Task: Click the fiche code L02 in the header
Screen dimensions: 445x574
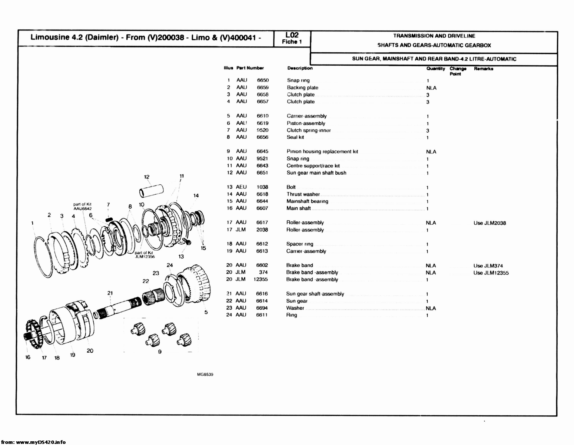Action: (292, 35)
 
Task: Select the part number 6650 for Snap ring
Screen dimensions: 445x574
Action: (263, 80)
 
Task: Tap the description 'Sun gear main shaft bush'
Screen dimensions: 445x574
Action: (316, 173)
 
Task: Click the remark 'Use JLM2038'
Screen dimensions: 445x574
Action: (490, 223)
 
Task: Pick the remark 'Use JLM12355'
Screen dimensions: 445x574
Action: (491, 273)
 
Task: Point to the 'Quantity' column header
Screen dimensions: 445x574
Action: (435, 69)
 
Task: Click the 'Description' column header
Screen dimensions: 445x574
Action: (300, 68)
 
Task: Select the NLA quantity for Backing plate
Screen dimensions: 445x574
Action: (431, 88)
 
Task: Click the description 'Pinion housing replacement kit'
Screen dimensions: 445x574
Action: (322, 152)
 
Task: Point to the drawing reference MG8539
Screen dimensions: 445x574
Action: (206, 375)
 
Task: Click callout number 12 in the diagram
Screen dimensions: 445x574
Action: (147, 177)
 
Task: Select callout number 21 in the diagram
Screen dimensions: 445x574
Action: (110, 293)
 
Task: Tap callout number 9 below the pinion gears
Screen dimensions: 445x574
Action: (160, 352)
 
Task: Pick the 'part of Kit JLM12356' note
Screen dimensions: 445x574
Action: (145, 255)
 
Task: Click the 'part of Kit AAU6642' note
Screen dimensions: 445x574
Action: (82, 206)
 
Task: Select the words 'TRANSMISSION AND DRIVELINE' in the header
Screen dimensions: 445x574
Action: (434, 36)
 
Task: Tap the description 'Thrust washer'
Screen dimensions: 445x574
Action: (303, 194)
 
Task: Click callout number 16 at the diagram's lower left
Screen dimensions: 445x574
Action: (28, 357)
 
